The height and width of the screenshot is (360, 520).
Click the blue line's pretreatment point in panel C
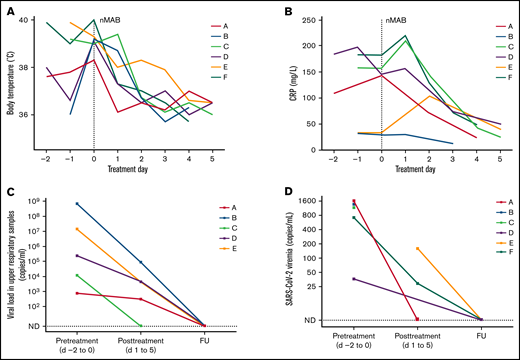76,204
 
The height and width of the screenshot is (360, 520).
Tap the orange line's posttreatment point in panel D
417,249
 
